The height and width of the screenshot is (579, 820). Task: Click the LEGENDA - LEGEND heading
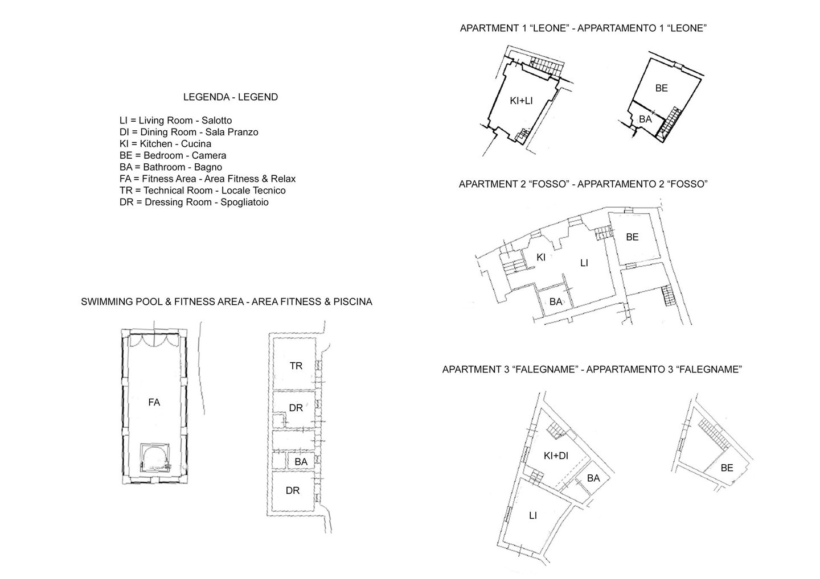pyautogui.click(x=230, y=97)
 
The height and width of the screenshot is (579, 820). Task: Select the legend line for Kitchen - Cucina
pyautogui.click(x=165, y=144)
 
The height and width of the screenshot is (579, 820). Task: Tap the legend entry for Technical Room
pyautogui.click(x=203, y=191)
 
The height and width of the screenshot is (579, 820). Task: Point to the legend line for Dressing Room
pyautogui.click(x=194, y=202)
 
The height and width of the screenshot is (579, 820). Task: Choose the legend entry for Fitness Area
pyautogui.click(x=207, y=179)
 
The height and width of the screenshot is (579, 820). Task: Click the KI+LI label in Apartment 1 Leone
pyautogui.click(x=521, y=101)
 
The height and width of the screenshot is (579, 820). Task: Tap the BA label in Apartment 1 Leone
pyautogui.click(x=645, y=119)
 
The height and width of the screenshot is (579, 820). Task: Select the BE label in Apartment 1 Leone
pyautogui.click(x=661, y=88)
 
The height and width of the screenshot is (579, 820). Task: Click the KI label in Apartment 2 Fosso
pyautogui.click(x=541, y=257)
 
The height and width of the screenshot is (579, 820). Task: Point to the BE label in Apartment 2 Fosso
pyautogui.click(x=632, y=237)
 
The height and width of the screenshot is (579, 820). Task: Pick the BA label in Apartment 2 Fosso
pyautogui.click(x=556, y=301)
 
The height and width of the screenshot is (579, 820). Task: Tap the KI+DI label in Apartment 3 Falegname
pyautogui.click(x=556, y=456)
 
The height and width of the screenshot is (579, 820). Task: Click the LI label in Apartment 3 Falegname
pyautogui.click(x=532, y=515)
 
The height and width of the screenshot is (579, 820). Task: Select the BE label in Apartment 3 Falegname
pyautogui.click(x=727, y=468)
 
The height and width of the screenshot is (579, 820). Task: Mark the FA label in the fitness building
pyautogui.click(x=154, y=403)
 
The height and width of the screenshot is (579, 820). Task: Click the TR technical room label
pyautogui.click(x=296, y=366)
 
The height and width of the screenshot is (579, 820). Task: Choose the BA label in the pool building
pyautogui.click(x=301, y=462)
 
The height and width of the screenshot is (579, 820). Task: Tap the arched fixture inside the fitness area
pyautogui.click(x=155, y=458)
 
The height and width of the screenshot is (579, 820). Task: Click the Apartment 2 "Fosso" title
pyautogui.click(x=583, y=184)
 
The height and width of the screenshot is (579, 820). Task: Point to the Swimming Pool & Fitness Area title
pyautogui.click(x=227, y=302)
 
